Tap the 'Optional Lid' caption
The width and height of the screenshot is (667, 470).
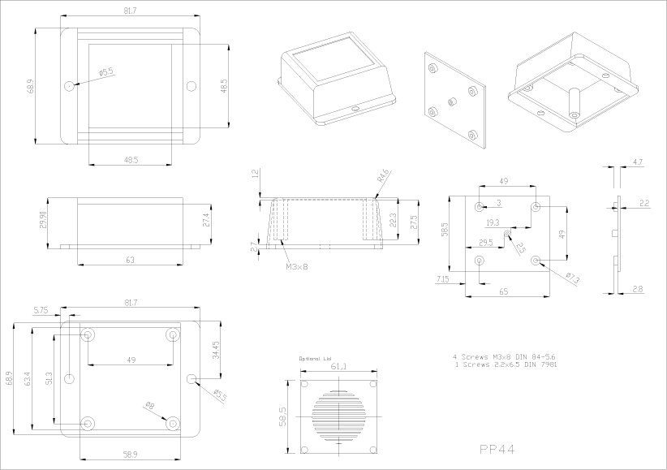point(316,358)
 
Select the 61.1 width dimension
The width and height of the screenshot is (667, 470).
point(338,367)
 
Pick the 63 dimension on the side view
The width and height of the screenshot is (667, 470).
point(129,260)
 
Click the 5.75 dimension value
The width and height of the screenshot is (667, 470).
point(41,309)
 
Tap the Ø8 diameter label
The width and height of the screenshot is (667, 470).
point(148,406)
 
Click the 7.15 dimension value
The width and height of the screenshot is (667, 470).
point(443,279)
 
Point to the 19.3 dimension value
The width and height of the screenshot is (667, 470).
point(493,222)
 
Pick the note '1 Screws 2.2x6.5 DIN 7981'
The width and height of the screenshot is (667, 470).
point(506,364)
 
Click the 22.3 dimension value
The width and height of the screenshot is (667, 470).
point(393,221)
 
